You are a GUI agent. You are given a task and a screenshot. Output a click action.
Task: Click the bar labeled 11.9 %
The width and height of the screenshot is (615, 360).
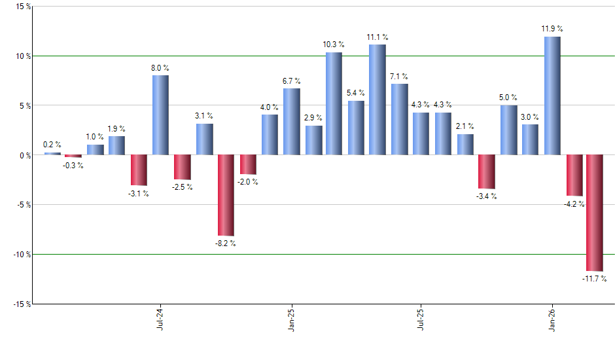pos(552,96)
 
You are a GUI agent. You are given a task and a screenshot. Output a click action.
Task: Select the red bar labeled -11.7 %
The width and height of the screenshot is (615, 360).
pos(595,213)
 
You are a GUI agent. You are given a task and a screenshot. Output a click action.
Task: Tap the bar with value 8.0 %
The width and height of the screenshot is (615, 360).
pos(160,115)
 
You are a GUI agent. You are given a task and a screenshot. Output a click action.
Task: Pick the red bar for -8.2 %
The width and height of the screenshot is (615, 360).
pos(226,195)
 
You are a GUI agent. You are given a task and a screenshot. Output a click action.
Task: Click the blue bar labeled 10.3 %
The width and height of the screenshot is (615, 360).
pos(334,103)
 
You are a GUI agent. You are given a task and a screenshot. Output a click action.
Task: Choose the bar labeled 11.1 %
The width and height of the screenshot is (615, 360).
pos(378,99)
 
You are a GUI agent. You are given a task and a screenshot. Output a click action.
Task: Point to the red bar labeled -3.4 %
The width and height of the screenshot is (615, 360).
pos(486,171)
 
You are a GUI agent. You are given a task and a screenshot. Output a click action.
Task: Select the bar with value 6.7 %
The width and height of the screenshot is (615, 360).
pos(291,122)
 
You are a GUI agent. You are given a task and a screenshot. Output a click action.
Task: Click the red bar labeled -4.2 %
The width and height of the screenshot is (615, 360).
pos(574,175)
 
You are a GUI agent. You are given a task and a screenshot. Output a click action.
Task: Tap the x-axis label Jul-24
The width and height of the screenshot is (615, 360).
pos(160,317)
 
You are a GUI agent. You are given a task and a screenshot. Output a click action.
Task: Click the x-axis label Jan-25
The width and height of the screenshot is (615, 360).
pos(291,317)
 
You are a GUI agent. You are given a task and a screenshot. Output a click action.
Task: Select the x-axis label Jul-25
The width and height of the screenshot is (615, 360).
pos(419,317)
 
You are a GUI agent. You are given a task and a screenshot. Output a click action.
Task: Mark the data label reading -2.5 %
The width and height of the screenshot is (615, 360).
pos(182,187)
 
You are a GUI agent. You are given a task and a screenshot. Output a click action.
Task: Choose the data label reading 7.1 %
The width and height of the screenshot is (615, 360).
pos(399,76)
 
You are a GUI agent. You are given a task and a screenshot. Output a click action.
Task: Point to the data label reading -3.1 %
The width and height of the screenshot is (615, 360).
pos(138,194)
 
